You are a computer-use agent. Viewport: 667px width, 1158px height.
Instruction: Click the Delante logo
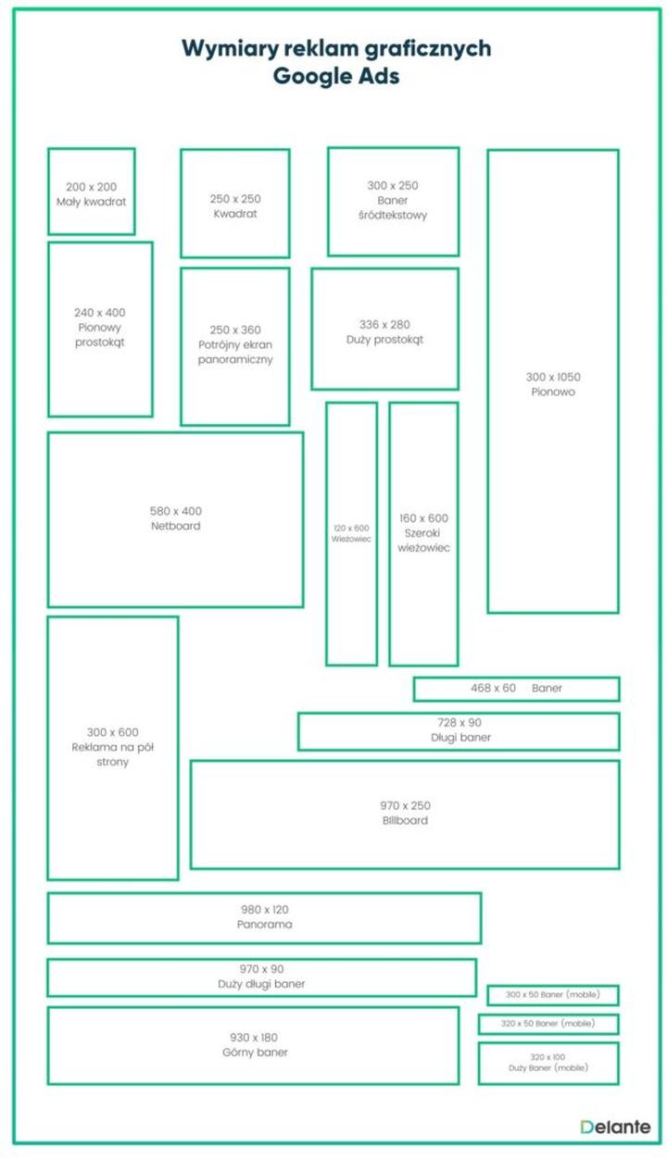click(615, 1127)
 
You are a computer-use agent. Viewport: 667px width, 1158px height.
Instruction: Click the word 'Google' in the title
click(306, 76)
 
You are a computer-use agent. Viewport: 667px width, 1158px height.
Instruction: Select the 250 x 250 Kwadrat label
click(235, 206)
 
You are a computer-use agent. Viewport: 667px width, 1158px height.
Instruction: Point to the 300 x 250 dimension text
click(393, 185)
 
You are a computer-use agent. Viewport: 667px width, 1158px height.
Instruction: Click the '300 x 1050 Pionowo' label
click(553, 384)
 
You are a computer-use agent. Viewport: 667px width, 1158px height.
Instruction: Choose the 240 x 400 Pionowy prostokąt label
click(100, 328)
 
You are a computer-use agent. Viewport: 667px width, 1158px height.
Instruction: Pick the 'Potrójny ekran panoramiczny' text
click(235, 352)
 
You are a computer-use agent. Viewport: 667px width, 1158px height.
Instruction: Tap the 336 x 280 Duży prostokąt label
click(385, 332)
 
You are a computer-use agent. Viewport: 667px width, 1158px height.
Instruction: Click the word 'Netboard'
click(175, 526)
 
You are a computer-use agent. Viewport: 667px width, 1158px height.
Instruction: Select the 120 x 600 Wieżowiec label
click(351, 533)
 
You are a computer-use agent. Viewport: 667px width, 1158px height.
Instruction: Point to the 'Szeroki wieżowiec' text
click(423, 541)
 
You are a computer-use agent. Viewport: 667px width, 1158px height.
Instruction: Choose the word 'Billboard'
click(405, 820)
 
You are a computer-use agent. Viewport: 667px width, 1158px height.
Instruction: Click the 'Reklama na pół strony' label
click(113, 754)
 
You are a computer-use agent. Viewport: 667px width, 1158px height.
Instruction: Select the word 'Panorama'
click(264, 924)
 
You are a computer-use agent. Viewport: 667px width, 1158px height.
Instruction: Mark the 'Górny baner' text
click(255, 1052)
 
